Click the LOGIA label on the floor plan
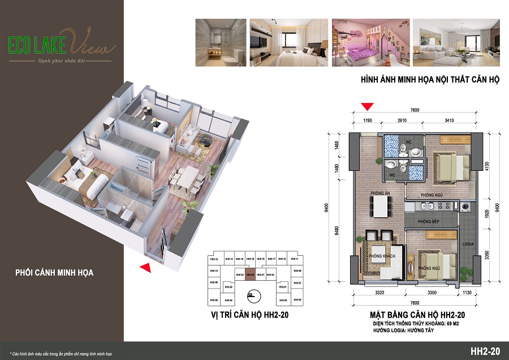468,244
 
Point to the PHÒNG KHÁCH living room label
381,256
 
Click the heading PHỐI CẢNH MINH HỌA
55,273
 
